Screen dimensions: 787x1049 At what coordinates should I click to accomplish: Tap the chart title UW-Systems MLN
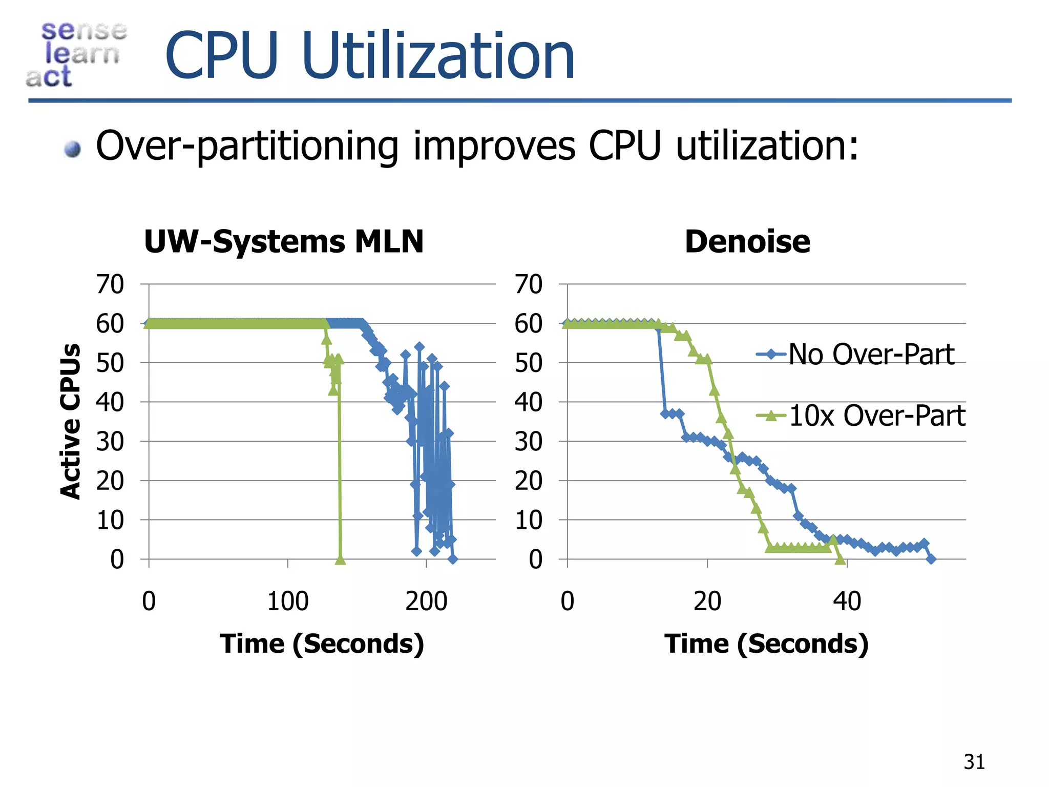point(284,241)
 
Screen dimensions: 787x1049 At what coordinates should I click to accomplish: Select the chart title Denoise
point(747,241)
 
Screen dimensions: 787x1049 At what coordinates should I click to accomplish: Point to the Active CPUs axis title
point(71,421)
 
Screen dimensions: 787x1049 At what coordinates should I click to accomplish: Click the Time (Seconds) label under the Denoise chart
point(766,644)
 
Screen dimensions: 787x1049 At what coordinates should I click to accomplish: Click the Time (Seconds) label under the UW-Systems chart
point(322,644)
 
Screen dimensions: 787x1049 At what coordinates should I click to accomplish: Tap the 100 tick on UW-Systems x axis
point(288,601)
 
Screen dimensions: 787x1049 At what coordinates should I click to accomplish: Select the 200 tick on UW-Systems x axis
point(426,601)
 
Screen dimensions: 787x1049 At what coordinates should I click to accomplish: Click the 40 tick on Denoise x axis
point(847,601)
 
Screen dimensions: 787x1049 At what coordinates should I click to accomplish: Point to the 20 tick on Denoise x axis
point(707,601)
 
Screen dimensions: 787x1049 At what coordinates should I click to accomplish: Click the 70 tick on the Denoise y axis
point(528,284)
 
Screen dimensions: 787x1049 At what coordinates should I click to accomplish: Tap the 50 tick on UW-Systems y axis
point(110,363)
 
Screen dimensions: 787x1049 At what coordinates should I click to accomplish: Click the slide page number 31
point(974,762)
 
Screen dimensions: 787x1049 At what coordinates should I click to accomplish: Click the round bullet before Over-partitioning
point(73,149)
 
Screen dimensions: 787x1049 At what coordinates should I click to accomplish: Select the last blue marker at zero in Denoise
point(931,559)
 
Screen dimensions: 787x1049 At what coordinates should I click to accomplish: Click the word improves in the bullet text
point(494,147)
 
